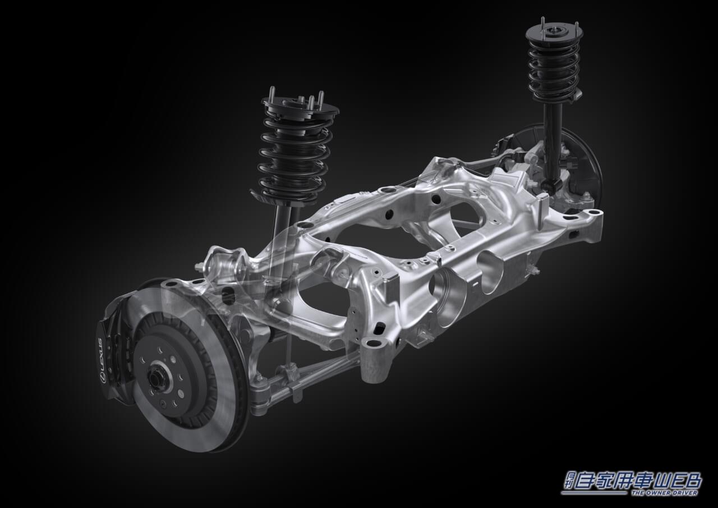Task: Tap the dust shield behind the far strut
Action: [583, 163]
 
